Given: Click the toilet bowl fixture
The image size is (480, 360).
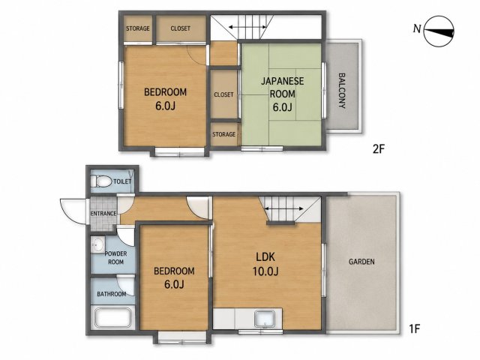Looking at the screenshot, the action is (x=101, y=181).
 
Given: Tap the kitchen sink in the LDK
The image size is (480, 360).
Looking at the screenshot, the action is (x=265, y=318).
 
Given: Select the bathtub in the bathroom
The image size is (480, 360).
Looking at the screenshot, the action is (x=113, y=317).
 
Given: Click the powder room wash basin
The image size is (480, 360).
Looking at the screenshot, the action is (x=98, y=244).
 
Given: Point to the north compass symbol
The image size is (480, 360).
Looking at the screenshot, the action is (x=439, y=31).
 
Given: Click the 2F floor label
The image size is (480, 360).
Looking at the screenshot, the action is (x=378, y=149).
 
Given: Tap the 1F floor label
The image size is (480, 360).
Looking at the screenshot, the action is (x=415, y=329).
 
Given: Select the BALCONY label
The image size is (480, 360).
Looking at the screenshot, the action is (x=342, y=91).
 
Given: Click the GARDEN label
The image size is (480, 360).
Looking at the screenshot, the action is (x=361, y=262).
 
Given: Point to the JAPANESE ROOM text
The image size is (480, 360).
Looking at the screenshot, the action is (x=282, y=88).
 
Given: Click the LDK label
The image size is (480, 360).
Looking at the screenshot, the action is (x=265, y=257).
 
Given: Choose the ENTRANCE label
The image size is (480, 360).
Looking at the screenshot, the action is (x=103, y=214).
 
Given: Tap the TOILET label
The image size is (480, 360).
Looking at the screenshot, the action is (x=122, y=181).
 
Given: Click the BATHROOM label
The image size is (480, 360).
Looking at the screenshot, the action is (x=112, y=294).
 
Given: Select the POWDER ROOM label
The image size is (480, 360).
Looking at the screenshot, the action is (x=115, y=258).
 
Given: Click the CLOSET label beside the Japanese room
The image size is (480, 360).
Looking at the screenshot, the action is (x=223, y=95).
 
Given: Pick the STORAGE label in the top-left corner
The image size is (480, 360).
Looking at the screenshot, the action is (x=138, y=28).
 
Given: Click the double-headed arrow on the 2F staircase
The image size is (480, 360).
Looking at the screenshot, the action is (x=247, y=28).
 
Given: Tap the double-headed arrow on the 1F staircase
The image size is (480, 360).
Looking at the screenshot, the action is (x=283, y=208).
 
